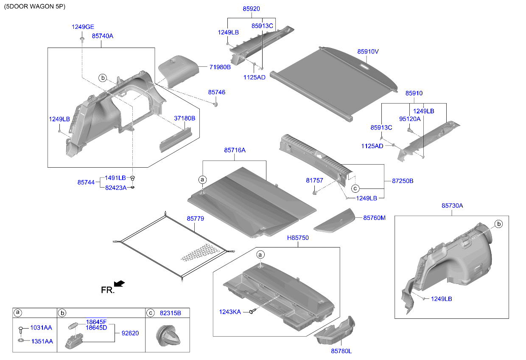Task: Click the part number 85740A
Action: click(x=102, y=36)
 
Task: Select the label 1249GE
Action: click(x=82, y=27)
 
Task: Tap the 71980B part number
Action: click(x=220, y=67)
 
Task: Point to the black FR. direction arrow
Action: click(x=120, y=283)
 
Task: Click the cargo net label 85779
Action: click(x=195, y=218)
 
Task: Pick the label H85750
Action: click(x=298, y=238)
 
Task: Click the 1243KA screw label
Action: click(x=229, y=312)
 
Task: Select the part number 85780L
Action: click(x=341, y=351)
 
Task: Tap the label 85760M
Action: click(x=374, y=218)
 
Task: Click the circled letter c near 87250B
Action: click(x=355, y=188)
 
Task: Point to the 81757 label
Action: click(x=314, y=180)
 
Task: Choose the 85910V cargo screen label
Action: click(x=367, y=51)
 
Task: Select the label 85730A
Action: click(x=452, y=205)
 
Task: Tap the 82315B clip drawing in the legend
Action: click(x=168, y=336)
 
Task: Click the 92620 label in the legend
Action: click(x=130, y=334)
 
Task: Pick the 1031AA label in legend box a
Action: click(x=41, y=328)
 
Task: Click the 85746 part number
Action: click(x=216, y=92)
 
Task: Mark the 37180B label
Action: click(x=185, y=118)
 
